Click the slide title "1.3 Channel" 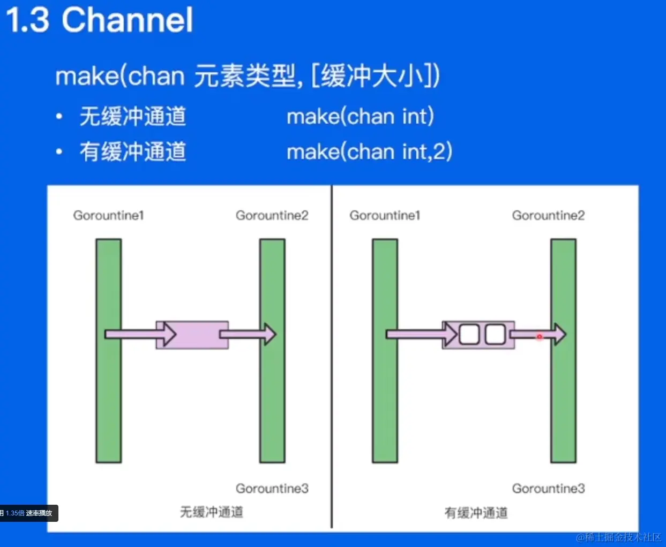tap(99, 20)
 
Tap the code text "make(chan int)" tap(360, 117)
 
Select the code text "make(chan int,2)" tap(369, 152)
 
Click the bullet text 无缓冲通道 tap(133, 117)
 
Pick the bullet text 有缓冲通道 tap(133, 152)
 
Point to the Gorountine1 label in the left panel tap(109, 215)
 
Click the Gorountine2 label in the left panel tap(272, 215)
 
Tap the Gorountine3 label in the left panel tap(272, 488)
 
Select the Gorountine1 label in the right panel tap(385, 215)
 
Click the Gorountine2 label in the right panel tap(548, 215)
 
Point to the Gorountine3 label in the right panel tap(548, 488)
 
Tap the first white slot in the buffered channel tap(469, 335)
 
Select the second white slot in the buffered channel tap(495, 335)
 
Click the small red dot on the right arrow tap(540, 337)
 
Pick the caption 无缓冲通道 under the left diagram tap(211, 512)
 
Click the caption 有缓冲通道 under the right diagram tap(476, 513)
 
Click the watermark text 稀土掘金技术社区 tap(623, 537)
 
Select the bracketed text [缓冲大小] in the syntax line tap(375, 76)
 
